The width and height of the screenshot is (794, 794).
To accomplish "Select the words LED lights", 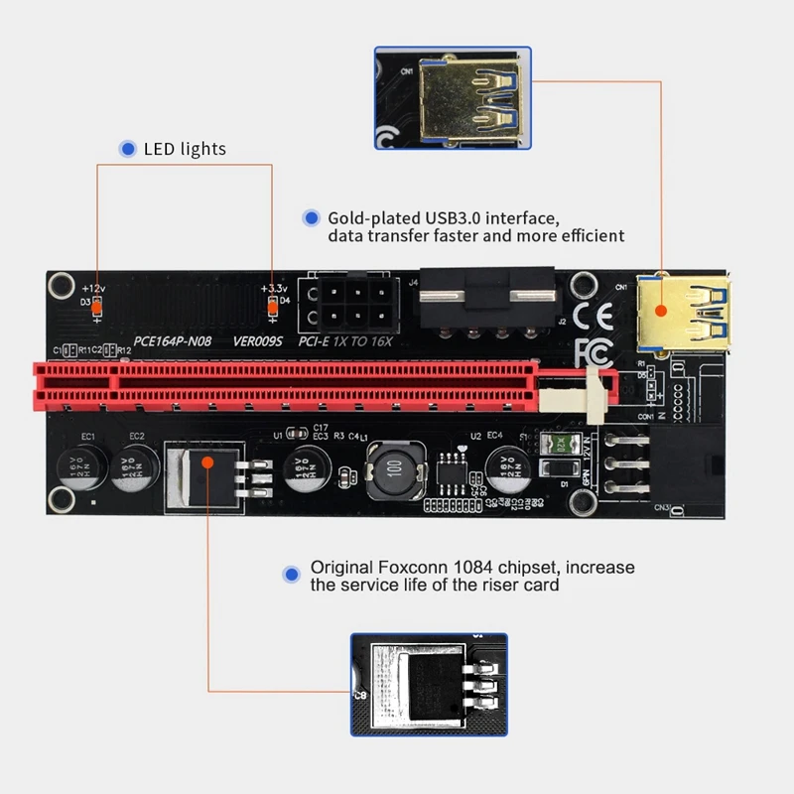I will [185, 149].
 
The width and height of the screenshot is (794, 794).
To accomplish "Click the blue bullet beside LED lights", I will [128, 149].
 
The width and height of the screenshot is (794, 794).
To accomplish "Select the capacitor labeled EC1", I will [78, 465].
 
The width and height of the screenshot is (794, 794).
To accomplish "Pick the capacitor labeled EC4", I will [508, 465].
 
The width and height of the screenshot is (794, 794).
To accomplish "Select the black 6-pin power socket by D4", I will [349, 301].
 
